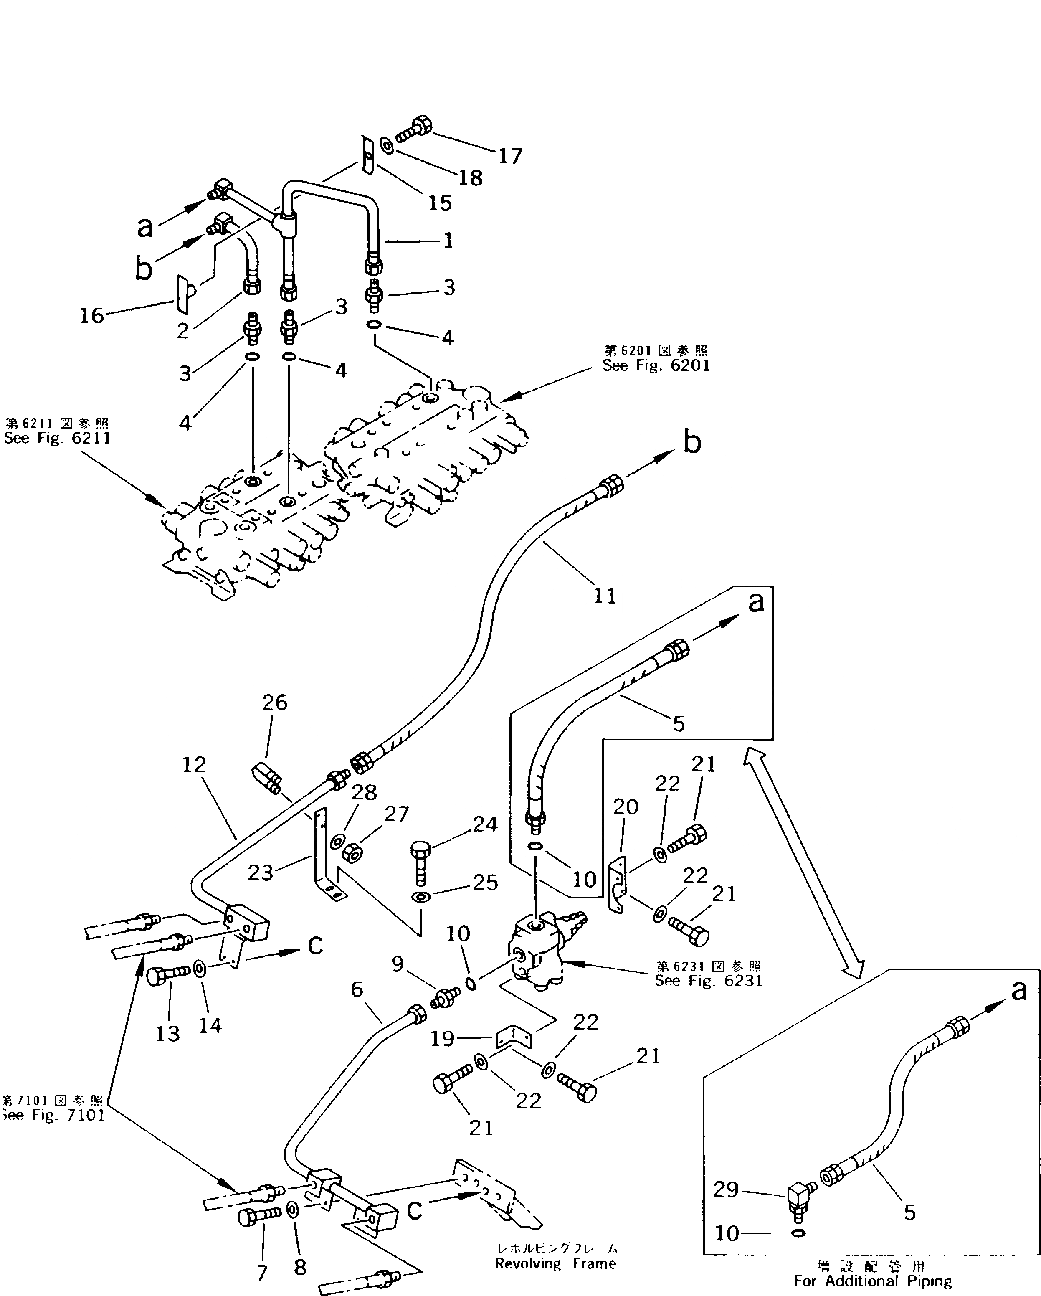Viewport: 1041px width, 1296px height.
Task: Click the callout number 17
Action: pyautogui.click(x=510, y=156)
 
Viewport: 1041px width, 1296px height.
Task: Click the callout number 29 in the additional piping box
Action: pyautogui.click(x=725, y=1189)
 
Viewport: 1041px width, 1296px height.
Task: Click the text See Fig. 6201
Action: pyautogui.click(x=656, y=365)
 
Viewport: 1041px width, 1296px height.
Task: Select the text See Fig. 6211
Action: pyautogui.click(x=57, y=438)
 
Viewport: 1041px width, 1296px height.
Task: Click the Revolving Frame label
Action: pyautogui.click(x=555, y=1263)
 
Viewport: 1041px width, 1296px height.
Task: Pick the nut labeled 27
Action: pyautogui.click(x=350, y=852)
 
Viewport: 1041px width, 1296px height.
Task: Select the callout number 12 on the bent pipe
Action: pyautogui.click(x=193, y=765)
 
